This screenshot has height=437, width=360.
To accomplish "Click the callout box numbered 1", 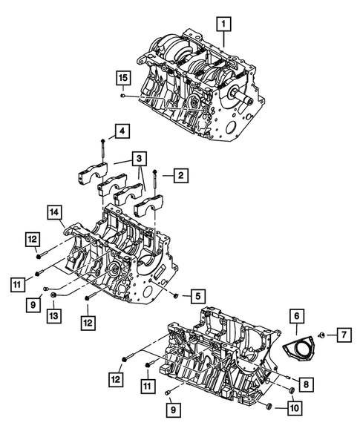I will coord(221,25).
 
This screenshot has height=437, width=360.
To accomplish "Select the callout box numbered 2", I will coord(179,176).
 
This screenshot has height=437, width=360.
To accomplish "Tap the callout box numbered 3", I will coord(139,158).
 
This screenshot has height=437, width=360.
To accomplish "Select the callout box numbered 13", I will coord(54,317).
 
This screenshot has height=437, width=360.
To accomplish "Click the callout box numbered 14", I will coord(55,212).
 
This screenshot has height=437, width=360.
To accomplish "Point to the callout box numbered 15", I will coord(122,78).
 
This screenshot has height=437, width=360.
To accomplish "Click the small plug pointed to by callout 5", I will coord(175,296).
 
